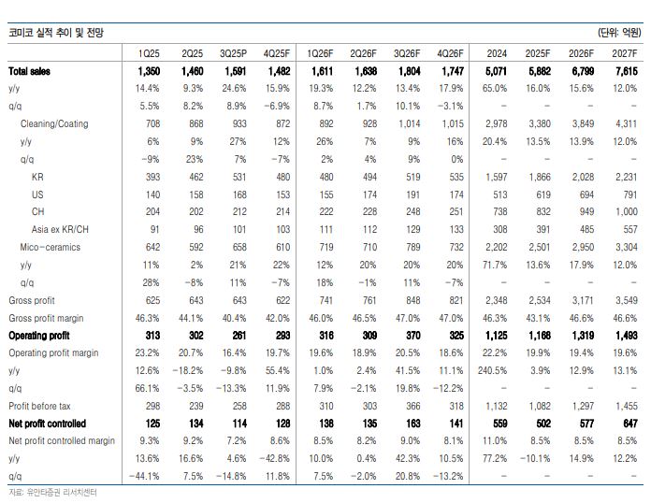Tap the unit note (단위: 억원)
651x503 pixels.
tap(619, 33)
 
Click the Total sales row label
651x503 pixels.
tap(31, 71)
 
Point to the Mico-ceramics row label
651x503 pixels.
tap(51, 247)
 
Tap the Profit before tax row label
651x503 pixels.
tap(39, 406)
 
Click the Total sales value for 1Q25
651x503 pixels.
tap(151, 71)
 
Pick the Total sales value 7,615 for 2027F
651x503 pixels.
tap(624, 71)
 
